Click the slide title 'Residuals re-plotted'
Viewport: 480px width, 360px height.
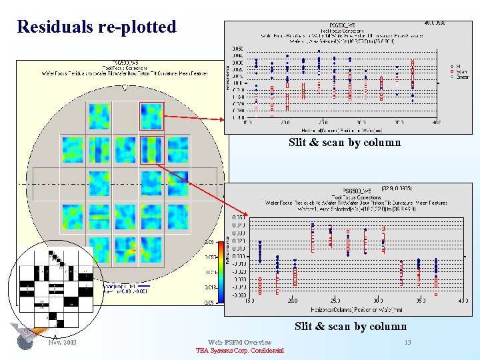tap(97, 27)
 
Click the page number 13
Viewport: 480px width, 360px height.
tap(407, 342)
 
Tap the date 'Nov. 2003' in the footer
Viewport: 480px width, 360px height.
tap(63, 342)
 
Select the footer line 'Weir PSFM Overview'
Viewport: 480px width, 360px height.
tap(239, 342)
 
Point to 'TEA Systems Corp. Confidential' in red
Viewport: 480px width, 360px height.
tap(239, 351)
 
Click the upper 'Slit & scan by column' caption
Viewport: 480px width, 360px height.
tap(344, 142)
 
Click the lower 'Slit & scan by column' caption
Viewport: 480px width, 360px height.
tap(350, 326)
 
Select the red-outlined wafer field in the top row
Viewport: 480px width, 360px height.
tap(151, 115)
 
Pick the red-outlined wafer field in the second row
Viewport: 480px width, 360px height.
tap(151, 149)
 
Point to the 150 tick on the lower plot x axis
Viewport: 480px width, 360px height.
tap(250, 300)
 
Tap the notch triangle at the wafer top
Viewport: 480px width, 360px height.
tap(125, 87)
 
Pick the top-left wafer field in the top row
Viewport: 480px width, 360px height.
tap(99, 115)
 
